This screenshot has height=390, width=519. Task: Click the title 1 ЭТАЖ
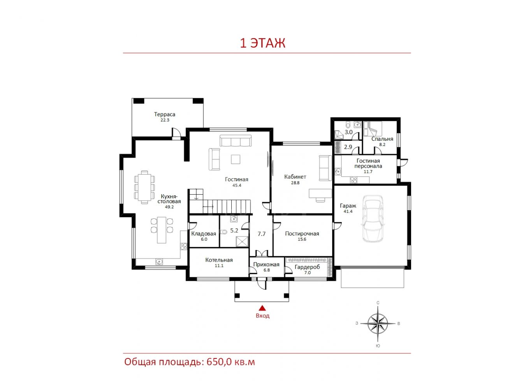pos(262,43)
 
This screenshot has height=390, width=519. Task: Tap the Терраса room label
pos(165,114)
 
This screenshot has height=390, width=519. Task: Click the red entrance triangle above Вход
pos(262,308)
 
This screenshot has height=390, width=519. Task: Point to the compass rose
pos(378,323)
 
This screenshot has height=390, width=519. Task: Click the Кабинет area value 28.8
pos(295,183)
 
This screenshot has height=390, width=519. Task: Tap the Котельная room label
pos(219,260)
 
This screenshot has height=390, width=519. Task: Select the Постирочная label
pos(302,234)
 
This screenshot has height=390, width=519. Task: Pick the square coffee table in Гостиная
pos(236,159)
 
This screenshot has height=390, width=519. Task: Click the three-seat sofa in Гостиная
pos(236,141)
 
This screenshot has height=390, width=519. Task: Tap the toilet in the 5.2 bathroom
pos(223,232)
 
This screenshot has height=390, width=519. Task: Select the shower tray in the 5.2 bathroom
pos(242,241)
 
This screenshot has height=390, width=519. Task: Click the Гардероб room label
pos(307,267)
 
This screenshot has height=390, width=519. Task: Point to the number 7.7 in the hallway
pos(262,234)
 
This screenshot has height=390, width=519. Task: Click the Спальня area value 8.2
pos(382,144)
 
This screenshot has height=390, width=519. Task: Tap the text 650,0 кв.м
pos(230,362)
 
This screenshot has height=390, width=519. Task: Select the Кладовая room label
pos(204,234)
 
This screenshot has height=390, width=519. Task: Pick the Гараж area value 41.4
pos(348,211)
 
